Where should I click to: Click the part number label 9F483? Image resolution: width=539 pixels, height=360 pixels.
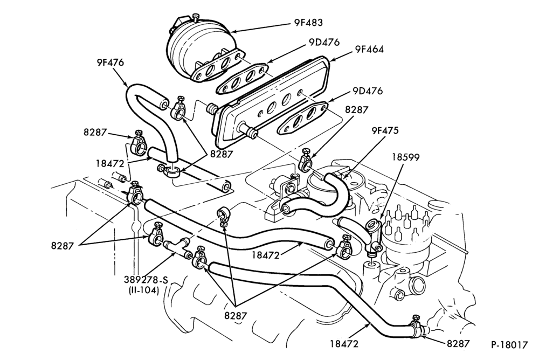click(x=308, y=23)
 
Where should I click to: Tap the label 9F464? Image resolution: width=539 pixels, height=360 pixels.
click(x=369, y=49)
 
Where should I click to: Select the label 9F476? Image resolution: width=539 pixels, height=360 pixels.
click(x=110, y=63)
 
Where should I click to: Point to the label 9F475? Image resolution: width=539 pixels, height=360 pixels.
click(x=385, y=130)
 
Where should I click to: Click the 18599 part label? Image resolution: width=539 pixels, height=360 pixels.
click(x=406, y=157)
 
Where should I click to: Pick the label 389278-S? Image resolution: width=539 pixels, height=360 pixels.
click(x=146, y=280)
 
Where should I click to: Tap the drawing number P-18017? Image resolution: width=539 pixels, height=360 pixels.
click(x=509, y=345)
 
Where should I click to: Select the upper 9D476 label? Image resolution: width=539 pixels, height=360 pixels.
click(x=324, y=42)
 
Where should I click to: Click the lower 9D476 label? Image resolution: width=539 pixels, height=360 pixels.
click(x=368, y=92)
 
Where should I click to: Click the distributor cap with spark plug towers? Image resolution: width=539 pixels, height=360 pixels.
click(x=407, y=237)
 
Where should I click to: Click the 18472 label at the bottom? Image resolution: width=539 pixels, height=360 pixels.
click(x=344, y=343)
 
